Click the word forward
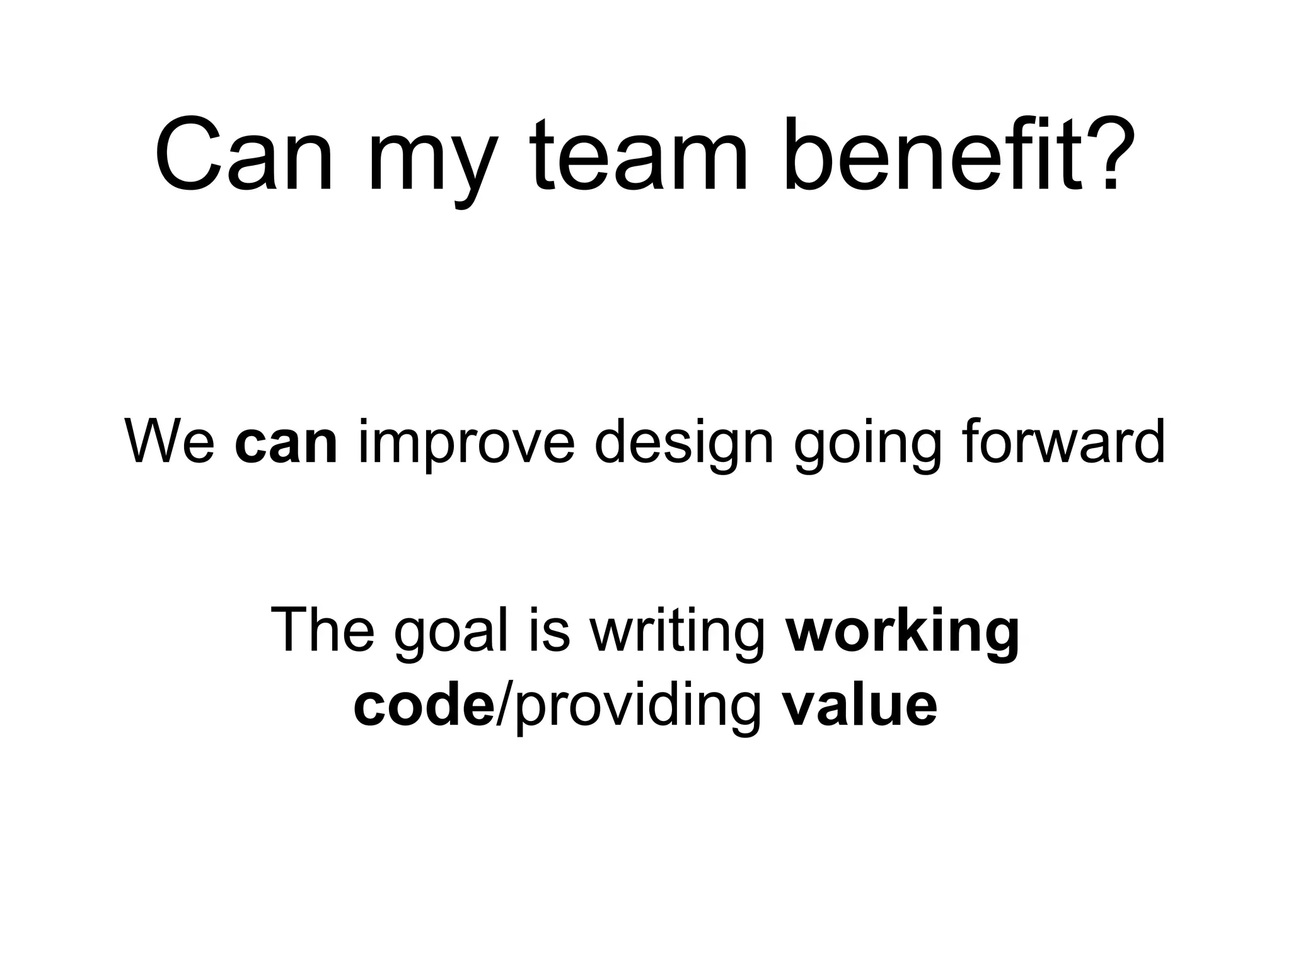(x=1062, y=442)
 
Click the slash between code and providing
(x=502, y=705)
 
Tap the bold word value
(x=859, y=705)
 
